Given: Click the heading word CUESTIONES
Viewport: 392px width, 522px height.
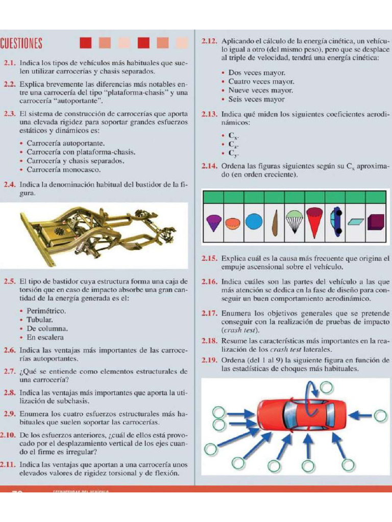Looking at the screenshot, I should (21, 43).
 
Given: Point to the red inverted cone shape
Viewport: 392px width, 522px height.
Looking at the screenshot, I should (314, 220).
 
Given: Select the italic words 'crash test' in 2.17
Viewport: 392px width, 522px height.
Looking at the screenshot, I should (236, 330).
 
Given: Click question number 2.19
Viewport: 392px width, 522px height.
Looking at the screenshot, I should (210, 360).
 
